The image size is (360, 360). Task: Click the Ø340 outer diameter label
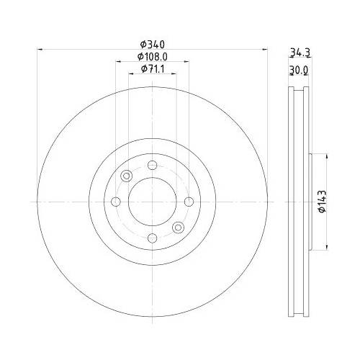(x=151, y=44)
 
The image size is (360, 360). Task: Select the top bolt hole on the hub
(x=151, y=166)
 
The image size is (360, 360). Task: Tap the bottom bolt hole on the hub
(x=151, y=238)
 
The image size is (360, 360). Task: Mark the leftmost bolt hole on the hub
(x=115, y=202)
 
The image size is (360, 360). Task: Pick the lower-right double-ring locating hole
(x=177, y=228)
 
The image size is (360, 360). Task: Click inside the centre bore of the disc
(x=151, y=202)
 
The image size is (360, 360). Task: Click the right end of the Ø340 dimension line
(x=266, y=49)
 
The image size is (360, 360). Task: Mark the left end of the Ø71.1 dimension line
(x=127, y=73)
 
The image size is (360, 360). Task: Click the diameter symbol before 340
(x=142, y=44)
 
